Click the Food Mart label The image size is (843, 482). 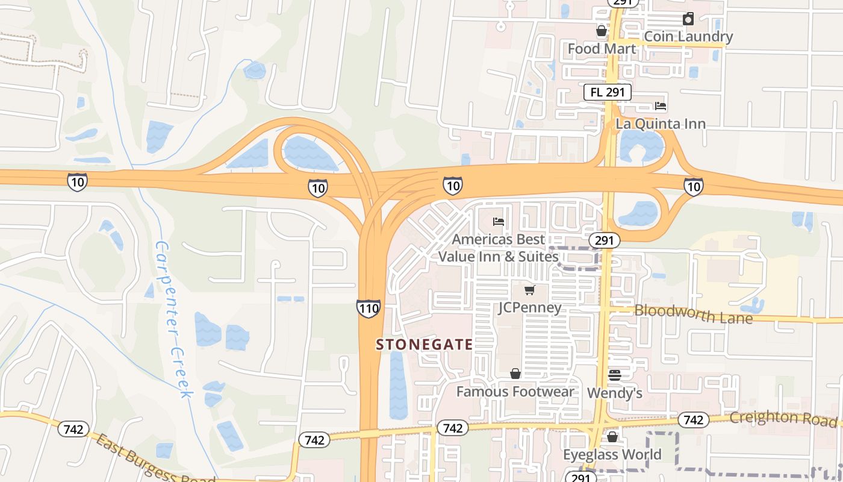click(602, 48)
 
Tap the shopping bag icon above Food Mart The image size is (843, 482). click(601, 31)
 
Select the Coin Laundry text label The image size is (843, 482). click(688, 37)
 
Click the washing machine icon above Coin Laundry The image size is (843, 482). click(688, 19)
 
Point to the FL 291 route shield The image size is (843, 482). click(608, 92)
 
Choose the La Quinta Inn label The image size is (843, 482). click(661, 124)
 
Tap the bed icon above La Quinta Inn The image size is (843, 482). click(661, 106)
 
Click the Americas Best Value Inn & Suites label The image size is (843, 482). click(499, 248)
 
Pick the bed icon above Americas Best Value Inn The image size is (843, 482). click(498, 222)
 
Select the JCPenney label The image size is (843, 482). click(530, 308)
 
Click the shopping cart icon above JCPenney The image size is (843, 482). click(529, 290)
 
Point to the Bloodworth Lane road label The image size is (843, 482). click(694, 314)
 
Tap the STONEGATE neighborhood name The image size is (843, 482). click(425, 345)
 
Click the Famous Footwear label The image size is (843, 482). click(515, 392)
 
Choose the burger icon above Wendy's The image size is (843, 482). click(614, 375)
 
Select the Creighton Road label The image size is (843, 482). click(783, 418)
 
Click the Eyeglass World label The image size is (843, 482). click(612, 454)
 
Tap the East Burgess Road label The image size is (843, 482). click(154, 459)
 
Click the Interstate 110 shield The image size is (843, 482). click(368, 308)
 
